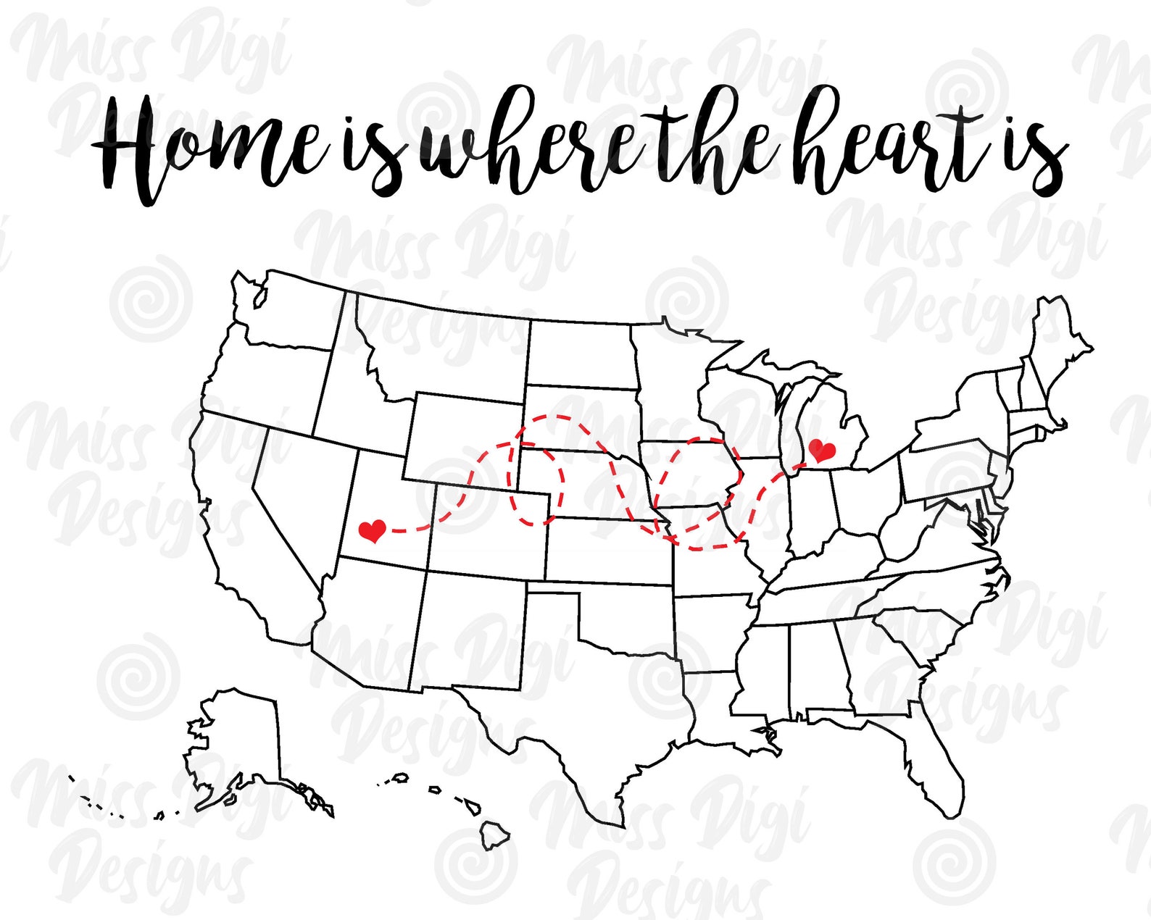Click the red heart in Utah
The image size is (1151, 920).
[373, 531]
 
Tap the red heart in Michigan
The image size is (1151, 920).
[821, 451]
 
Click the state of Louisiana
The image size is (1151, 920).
[714, 706]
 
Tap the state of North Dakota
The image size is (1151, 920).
[580, 355]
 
